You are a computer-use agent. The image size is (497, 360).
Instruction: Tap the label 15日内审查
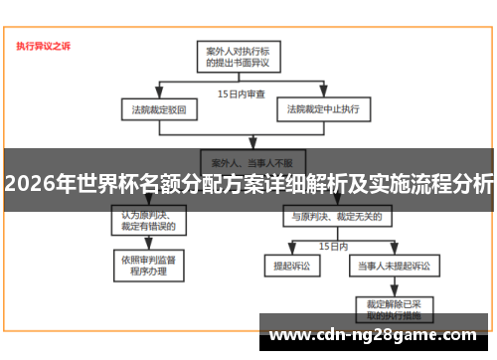[241, 93]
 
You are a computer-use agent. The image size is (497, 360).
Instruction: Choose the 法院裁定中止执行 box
[323, 107]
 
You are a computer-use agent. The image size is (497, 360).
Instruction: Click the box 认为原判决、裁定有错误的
[149, 220]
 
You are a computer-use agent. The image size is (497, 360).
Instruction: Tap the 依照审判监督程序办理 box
[149, 265]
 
